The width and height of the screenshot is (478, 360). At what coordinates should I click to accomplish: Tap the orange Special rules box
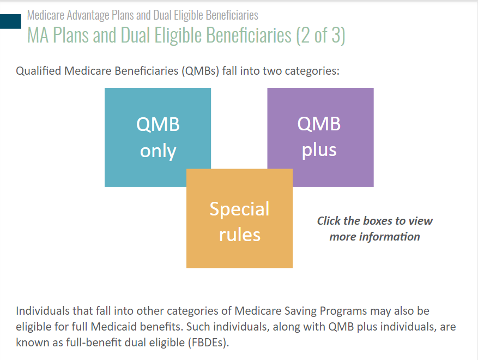point(240,218)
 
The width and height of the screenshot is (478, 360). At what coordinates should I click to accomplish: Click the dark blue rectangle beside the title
point(10,21)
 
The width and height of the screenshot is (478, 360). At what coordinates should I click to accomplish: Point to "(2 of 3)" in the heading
point(320,35)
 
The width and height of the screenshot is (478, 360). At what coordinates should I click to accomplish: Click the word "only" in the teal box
point(158,151)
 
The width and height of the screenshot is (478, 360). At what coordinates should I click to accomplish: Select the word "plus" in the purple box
point(319,150)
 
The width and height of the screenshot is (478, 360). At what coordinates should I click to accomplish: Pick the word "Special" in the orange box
point(240,209)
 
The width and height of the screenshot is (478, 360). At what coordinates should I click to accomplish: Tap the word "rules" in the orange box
point(240,235)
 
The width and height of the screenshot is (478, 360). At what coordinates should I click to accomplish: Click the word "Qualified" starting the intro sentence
point(38,71)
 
